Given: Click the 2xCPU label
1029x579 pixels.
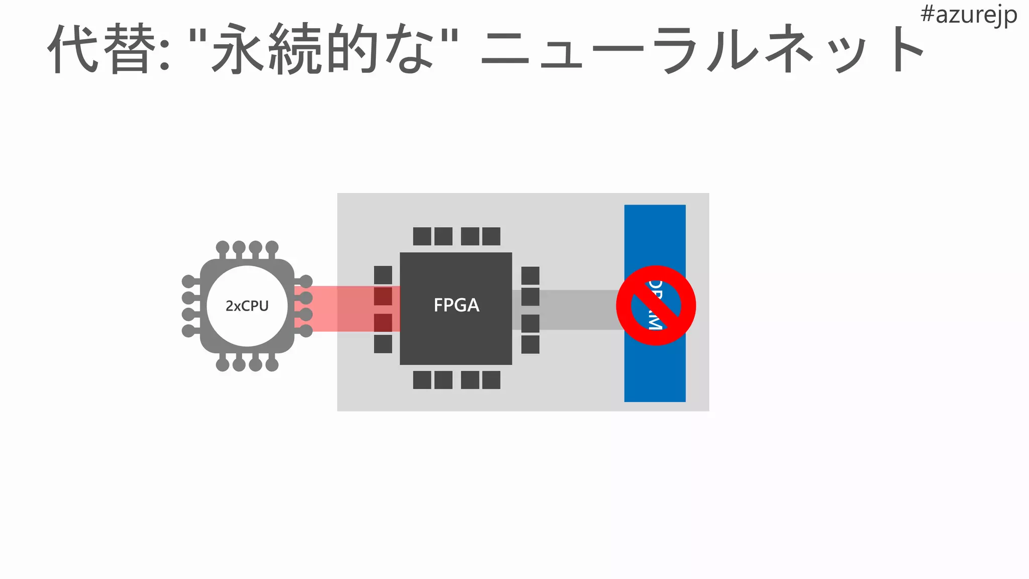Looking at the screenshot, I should [247, 306].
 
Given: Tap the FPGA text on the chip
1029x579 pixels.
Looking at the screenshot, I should [456, 305].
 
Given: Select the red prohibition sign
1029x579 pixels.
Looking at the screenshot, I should [656, 306].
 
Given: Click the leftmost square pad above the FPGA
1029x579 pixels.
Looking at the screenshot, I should [422, 236].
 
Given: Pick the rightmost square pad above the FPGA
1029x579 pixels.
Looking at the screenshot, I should [491, 236].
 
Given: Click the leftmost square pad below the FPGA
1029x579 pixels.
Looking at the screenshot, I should [422, 380].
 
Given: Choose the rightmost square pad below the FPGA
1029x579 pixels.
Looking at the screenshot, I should [491, 380].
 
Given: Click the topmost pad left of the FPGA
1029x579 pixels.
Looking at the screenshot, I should [383, 275].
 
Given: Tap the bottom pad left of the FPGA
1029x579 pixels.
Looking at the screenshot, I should [383, 344].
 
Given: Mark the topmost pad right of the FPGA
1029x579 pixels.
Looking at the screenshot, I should [530, 275].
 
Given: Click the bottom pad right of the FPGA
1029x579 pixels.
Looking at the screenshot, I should [530, 345].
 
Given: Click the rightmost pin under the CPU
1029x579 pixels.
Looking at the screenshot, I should [272, 364].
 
